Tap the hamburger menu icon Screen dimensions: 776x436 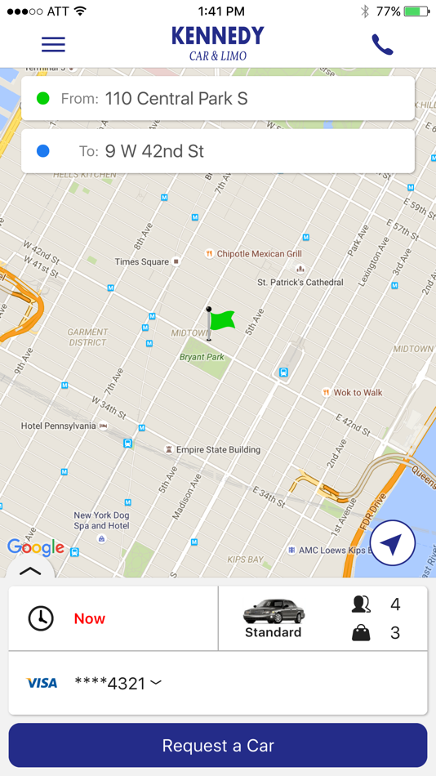(x=53, y=44)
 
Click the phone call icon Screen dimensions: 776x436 (x=382, y=45)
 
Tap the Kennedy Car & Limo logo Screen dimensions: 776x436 (x=217, y=43)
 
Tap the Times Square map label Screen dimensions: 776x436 (x=142, y=261)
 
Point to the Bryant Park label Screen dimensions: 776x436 (x=202, y=357)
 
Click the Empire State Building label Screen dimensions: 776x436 (x=218, y=449)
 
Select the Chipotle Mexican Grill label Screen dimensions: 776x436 (x=259, y=254)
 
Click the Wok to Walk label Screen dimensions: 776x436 (x=358, y=392)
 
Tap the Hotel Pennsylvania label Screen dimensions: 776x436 (x=59, y=426)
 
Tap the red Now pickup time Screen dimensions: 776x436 (x=90, y=618)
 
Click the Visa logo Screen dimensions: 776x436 (x=41, y=683)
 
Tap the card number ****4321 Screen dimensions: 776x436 (x=110, y=683)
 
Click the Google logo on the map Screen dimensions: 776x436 (x=35, y=546)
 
